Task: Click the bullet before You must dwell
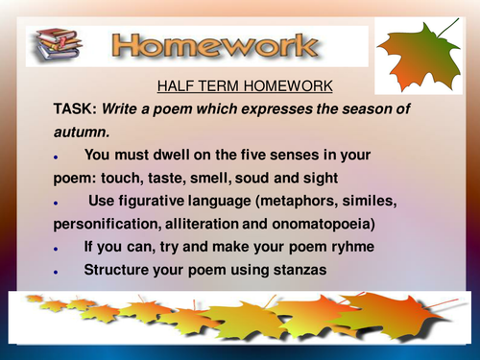[x=58, y=156]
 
